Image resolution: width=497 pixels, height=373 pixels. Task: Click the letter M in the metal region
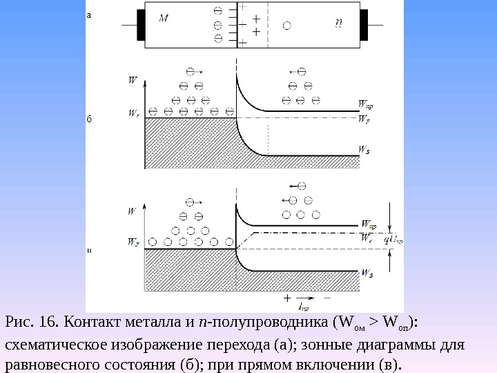point(163,18)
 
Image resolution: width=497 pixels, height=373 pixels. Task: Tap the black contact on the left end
point(139,26)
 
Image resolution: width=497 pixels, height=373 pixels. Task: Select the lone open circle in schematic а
point(286,26)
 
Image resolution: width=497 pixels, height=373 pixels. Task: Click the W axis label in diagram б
point(133,80)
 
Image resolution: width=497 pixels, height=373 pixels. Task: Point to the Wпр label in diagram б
point(366,104)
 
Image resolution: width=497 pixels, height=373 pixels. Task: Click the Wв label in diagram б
point(364,148)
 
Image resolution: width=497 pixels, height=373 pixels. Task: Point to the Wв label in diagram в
point(367,274)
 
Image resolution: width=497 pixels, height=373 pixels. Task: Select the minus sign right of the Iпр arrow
point(326,298)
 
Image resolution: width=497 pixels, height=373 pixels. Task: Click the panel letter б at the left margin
point(88,119)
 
